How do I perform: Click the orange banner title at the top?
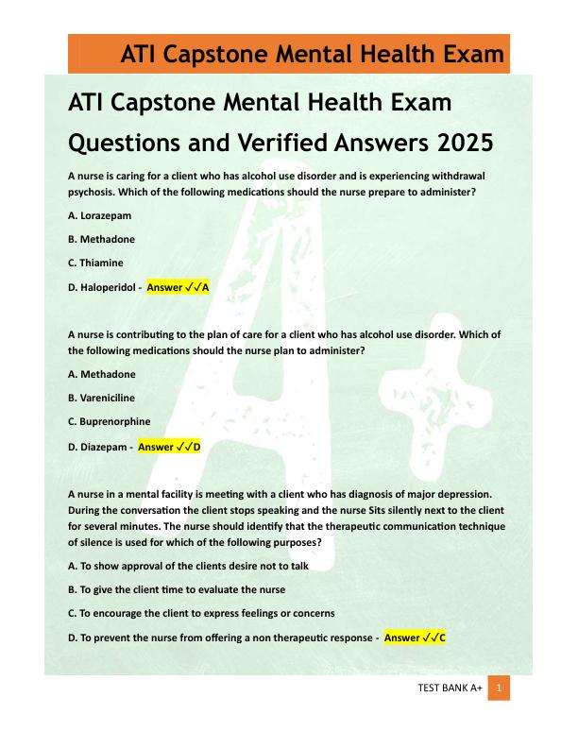point(312,55)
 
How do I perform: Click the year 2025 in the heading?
point(465,144)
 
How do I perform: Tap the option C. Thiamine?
point(96,263)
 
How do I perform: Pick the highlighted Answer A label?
point(178,287)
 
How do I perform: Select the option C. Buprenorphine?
point(110,421)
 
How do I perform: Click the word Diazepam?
point(102,447)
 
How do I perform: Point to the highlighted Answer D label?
point(169,447)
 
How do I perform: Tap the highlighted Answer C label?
point(415,638)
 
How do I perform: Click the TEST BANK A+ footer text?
point(450,689)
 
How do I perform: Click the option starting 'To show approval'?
point(189,566)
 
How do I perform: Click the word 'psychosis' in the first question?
point(93,192)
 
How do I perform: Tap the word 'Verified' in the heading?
point(282,144)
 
